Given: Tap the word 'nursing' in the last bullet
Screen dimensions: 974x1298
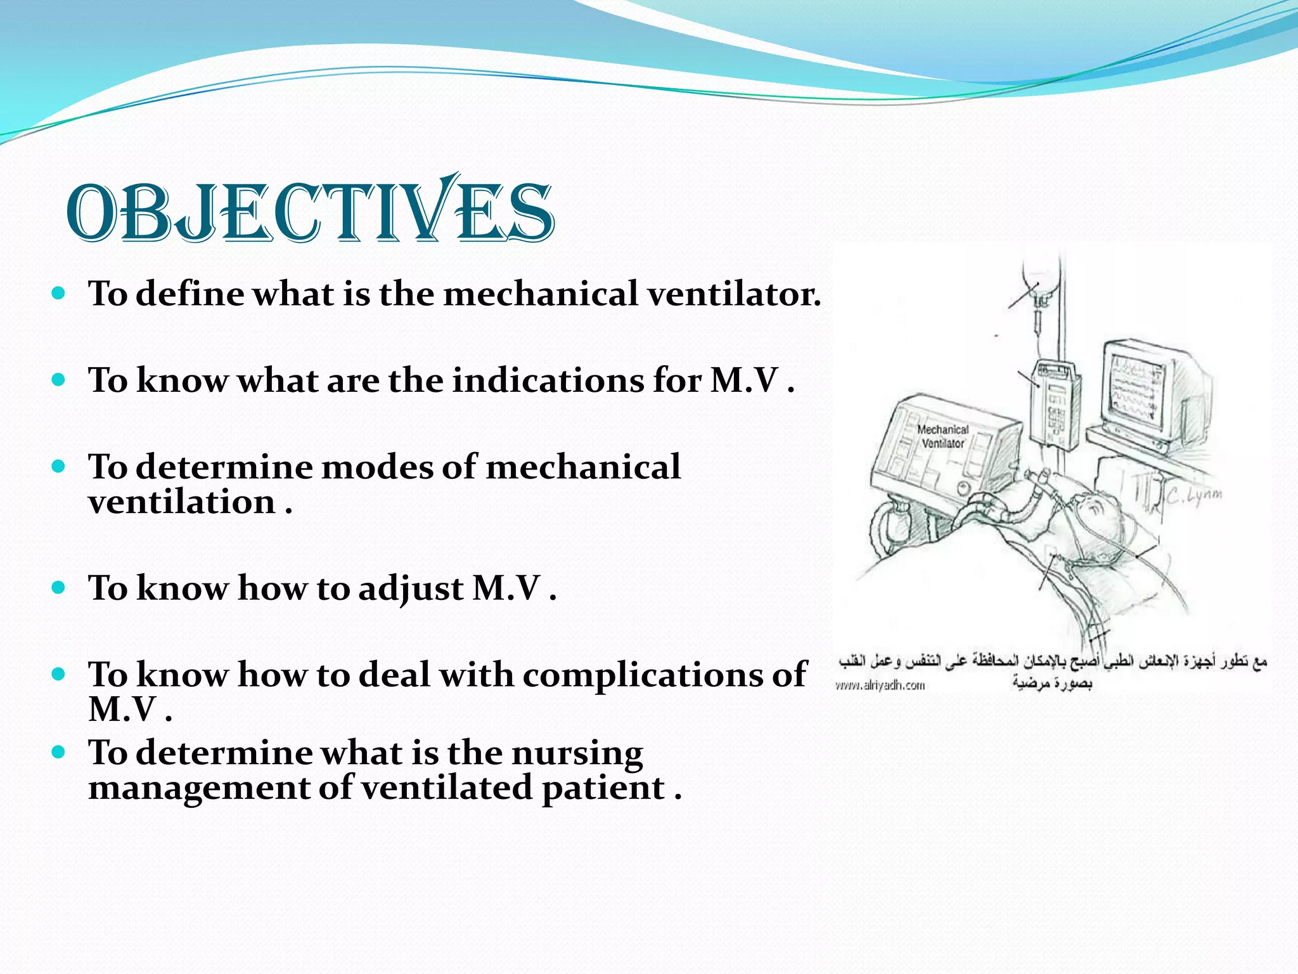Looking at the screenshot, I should pos(577,753).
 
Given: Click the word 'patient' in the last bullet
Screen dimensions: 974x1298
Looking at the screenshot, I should pos(602,788).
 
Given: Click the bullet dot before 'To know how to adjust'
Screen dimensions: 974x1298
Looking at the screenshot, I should pos(58,588).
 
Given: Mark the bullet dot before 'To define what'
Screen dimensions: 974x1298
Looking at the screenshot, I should pos(58,294).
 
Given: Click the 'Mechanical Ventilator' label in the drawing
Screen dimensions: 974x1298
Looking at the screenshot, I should pos(942,437).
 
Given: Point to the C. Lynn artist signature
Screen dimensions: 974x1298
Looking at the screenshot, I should pos(1195,497).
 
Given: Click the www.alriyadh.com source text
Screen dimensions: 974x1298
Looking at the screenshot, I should pos(880,685).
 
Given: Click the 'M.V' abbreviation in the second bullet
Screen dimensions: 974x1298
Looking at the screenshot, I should pos(744,380).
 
